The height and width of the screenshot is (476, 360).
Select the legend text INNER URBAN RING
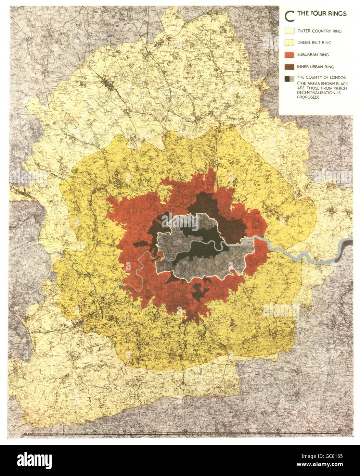[x=316, y=66]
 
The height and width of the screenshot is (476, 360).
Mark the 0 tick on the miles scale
[x=33, y=430]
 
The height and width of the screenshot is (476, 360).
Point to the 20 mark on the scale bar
[x=155, y=430]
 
